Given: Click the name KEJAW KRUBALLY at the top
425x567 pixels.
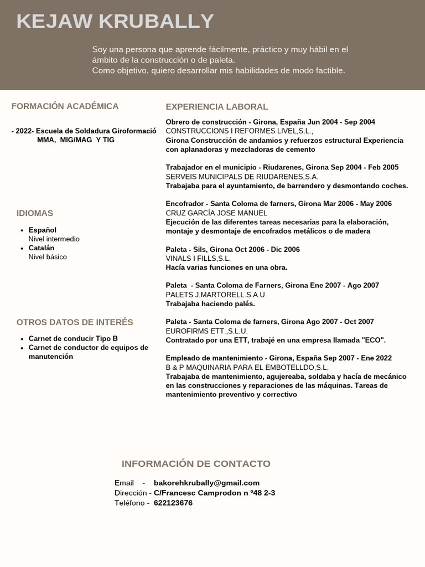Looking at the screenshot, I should click(x=115, y=21).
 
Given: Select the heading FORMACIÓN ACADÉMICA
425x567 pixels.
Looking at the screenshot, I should click(x=65, y=106).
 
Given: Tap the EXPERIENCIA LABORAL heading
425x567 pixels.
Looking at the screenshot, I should click(x=216, y=107).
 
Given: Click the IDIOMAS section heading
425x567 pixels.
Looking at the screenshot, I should click(x=35, y=213).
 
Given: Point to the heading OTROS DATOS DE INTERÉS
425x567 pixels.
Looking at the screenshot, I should click(x=75, y=322).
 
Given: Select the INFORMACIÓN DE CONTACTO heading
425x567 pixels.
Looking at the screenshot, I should click(x=196, y=464).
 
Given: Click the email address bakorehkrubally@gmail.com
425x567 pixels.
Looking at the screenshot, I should click(x=206, y=483).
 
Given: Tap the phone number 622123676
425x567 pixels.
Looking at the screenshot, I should click(x=173, y=503).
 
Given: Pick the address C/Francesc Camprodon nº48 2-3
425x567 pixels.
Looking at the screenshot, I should click(x=214, y=493).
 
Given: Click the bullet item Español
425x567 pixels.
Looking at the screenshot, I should click(x=43, y=230).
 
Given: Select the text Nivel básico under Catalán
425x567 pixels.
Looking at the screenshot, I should click(x=48, y=257).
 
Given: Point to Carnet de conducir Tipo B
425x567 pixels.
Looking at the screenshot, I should click(x=73, y=338).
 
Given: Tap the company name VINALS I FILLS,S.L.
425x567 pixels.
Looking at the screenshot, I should click(x=198, y=259).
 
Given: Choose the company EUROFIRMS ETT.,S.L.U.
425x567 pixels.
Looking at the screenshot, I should click(x=206, y=331).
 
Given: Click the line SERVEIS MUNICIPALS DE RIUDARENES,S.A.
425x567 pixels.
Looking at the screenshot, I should click(x=242, y=177).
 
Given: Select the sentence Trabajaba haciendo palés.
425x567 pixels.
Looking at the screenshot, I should click(x=210, y=304).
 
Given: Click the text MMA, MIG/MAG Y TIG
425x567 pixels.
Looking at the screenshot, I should click(x=76, y=140).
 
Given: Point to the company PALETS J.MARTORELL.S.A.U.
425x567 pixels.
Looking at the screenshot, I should click(x=216, y=295).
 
